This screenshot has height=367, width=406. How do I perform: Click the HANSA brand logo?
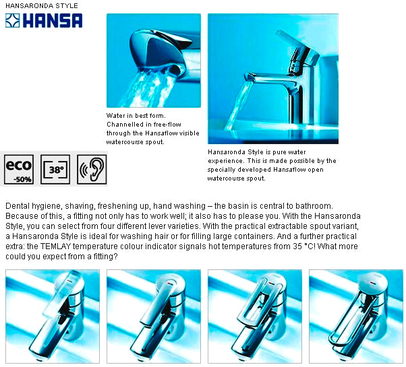(44, 20)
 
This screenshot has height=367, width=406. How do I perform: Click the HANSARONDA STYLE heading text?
(41, 5)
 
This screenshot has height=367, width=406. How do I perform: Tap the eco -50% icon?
(19, 169)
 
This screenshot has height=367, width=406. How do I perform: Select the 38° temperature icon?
(55, 169)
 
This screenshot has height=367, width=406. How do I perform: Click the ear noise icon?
(92, 169)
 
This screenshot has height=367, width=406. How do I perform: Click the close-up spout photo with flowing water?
(153, 60)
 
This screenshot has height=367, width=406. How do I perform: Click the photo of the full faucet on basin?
(272, 78)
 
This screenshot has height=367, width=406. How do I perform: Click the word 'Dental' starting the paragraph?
(17, 205)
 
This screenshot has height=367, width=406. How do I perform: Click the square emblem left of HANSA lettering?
(13, 20)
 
